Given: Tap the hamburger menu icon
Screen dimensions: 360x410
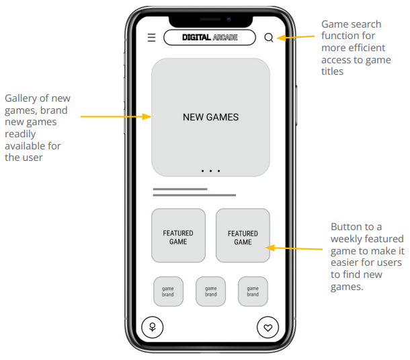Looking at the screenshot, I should (x=152, y=38).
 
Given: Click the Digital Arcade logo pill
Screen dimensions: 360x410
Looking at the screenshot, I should (x=210, y=38).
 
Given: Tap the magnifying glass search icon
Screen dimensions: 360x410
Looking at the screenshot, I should (x=269, y=38).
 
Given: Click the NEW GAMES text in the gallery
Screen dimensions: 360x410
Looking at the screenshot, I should (x=210, y=117).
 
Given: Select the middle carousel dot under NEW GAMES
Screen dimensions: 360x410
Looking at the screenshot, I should (x=210, y=171).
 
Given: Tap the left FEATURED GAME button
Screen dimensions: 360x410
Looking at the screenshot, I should (x=178, y=237).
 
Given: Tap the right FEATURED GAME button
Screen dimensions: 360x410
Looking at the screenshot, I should (x=243, y=237).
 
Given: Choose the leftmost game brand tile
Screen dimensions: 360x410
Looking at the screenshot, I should (x=168, y=291).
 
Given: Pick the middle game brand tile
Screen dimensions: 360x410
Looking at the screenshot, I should (x=210, y=291).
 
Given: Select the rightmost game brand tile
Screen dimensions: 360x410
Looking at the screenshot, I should (x=253, y=291).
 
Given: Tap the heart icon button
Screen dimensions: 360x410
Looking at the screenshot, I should (x=268, y=328).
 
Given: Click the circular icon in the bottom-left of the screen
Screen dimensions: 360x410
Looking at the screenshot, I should (x=153, y=328).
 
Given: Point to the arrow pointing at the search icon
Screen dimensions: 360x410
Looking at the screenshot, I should (x=296, y=37).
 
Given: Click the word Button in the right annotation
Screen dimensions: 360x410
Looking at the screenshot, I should (x=347, y=227).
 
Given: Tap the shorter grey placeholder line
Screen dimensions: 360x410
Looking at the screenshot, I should (x=180, y=189).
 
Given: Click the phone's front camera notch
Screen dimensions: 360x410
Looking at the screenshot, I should (x=210, y=18).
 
